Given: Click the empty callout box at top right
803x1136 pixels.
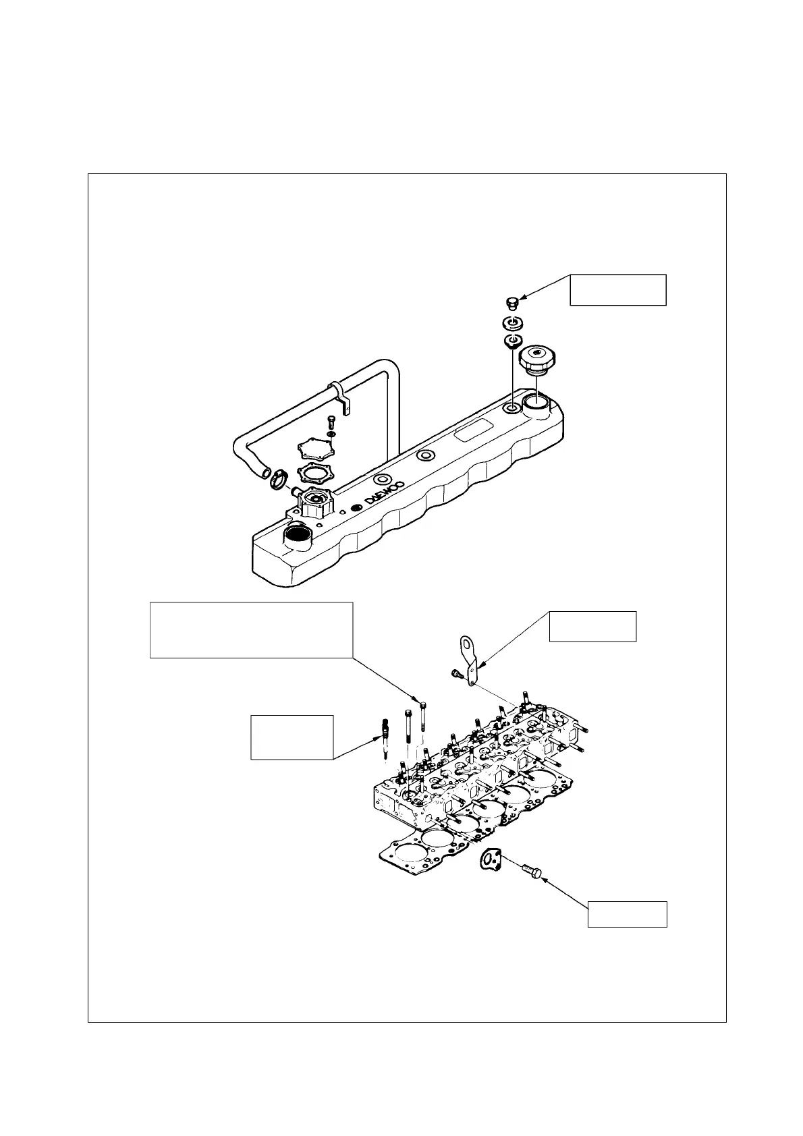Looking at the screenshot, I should [x=617, y=290].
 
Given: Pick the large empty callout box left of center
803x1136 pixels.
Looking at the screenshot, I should [x=251, y=629].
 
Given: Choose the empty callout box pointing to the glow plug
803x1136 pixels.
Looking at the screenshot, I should [x=292, y=737].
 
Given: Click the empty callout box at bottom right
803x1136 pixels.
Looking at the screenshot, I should [x=627, y=913].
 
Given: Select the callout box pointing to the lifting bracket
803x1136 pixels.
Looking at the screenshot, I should [x=592, y=626].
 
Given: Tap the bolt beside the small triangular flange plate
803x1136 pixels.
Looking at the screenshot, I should [x=531, y=872].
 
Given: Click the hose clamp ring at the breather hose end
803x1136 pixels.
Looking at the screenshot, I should [x=277, y=480].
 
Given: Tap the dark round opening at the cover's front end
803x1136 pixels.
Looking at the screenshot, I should [x=297, y=536].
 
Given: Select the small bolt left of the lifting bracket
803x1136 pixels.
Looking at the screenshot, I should [x=456, y=673].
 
